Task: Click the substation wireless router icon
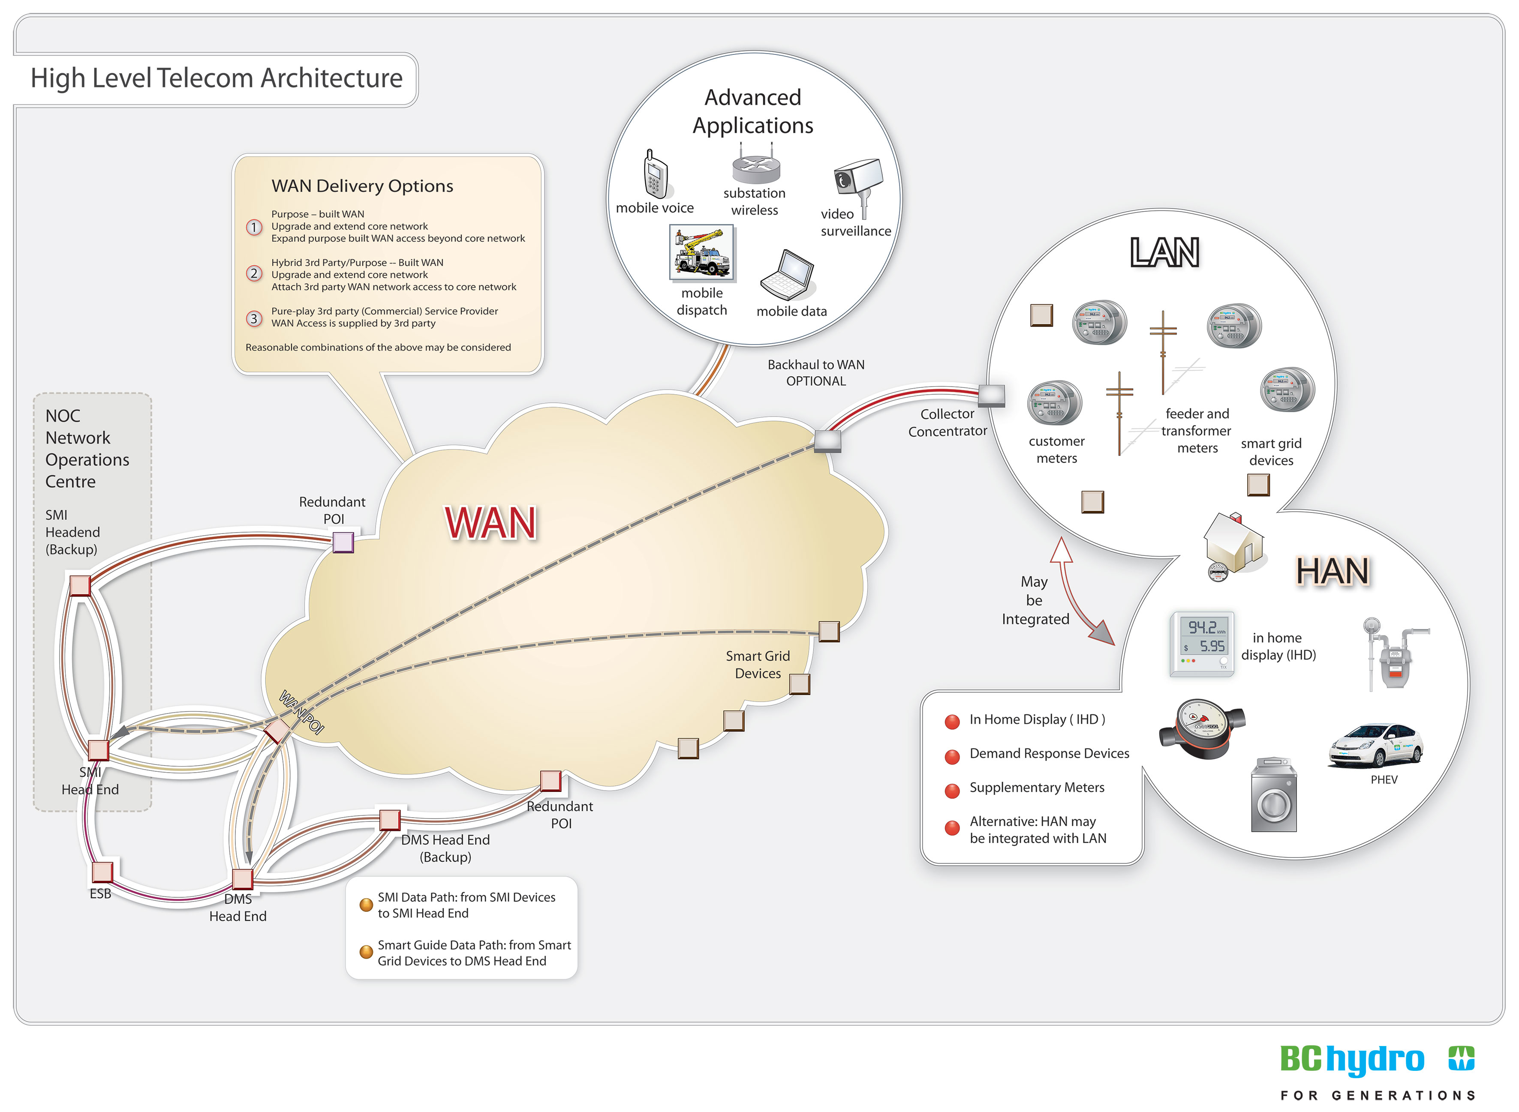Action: point(755,165)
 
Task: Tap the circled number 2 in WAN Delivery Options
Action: point(254,273)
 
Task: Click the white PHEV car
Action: point(1375,745)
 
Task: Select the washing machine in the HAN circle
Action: point(1273,796)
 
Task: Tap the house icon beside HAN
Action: point(1234,543)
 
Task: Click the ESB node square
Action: point(102,871)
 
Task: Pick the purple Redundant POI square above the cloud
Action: point(343,542)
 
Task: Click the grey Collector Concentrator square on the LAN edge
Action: point(991,396)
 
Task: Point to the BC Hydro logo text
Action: point(1352,1060)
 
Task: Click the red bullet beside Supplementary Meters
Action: point(952,790)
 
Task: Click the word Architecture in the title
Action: point(331,79)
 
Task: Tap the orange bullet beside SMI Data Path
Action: point(366,905)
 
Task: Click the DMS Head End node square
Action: point(242,878)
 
